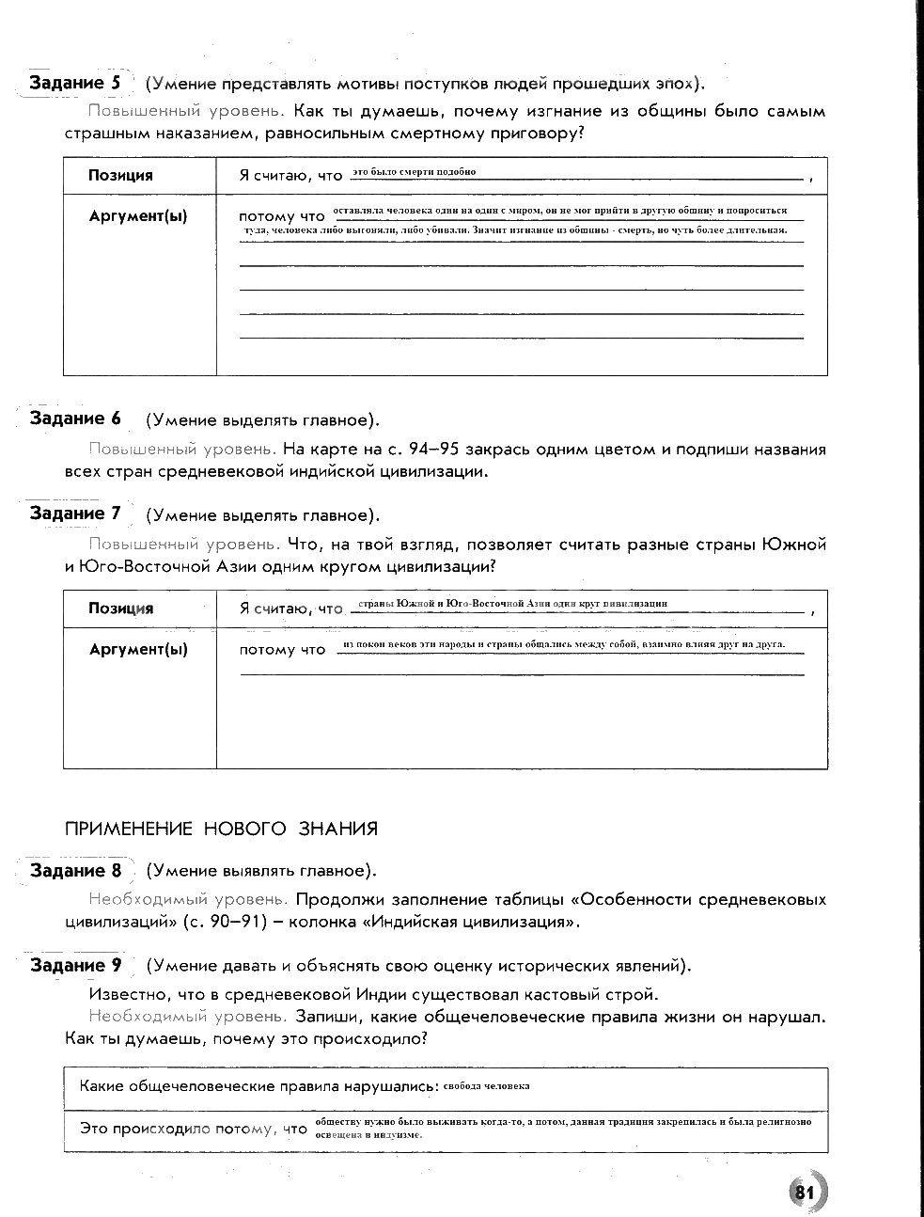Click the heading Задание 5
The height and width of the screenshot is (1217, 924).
tap(75, 83)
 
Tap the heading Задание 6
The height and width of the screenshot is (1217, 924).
tap(75, 419)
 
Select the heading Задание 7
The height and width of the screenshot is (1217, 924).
tap(75, 514)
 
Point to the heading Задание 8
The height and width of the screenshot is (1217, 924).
tap(75, 870)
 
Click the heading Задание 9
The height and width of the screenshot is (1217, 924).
tap(75, 965)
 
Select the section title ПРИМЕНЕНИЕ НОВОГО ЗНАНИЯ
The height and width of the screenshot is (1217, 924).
tap(221, 829)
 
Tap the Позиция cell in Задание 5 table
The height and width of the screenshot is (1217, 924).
tap(120, 175)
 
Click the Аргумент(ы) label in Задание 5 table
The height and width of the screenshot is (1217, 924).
tap(137, 216)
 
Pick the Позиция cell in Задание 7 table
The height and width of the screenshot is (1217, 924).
tap(120, 608)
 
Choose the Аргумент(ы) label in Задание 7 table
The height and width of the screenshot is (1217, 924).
tap(137, 650)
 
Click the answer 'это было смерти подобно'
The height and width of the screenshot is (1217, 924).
tap(415, 172)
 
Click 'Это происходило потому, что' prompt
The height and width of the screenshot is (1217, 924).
tap(194, 1129)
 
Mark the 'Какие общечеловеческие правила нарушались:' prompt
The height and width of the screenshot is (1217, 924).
tap(259, 1086)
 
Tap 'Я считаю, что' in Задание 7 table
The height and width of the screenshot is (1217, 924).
tap(291, 608)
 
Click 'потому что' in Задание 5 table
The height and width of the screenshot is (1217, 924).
tap(282, 216)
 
